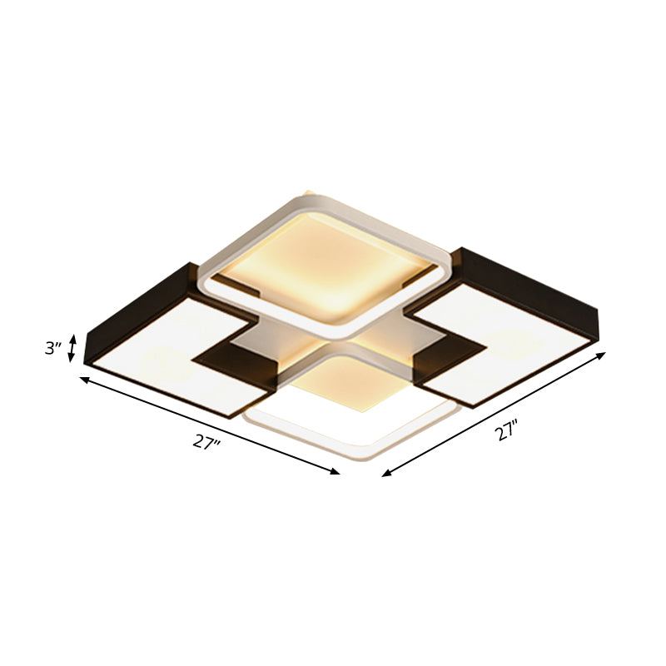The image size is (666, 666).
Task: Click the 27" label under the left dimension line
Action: [x=206, y=442]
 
